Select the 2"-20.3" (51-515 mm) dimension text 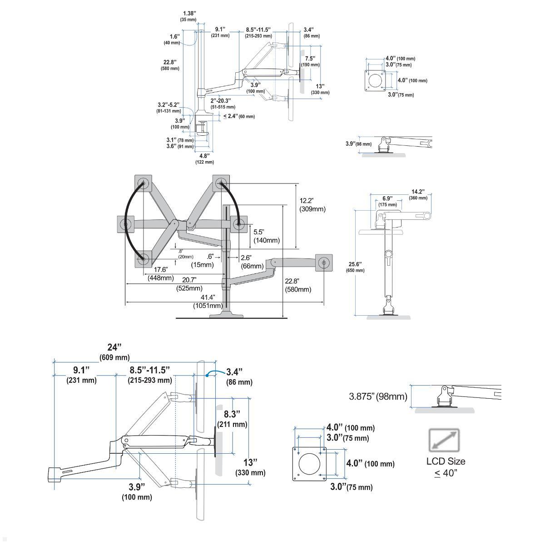pos(221,103)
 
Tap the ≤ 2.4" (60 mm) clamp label pos(239,116)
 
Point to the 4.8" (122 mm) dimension pos(204,159)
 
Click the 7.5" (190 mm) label pos(312,61)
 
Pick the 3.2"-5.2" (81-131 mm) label pos(169,108)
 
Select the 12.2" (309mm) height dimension pos(312,205)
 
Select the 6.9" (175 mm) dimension pos(387,201)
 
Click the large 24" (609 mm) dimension pos(114,352)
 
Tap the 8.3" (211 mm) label pos(235,419)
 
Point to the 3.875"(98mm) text pos(378,396)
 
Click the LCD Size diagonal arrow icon pos(444,440)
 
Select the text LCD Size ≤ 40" pos(445,467)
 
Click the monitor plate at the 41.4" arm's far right pos(323,262)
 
